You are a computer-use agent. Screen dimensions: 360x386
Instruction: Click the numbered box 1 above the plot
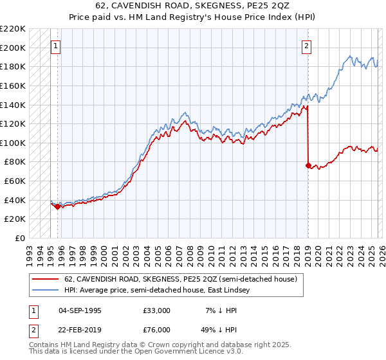pyautogui.click(x=57, y=46)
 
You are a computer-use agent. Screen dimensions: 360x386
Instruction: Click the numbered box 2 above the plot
pyautogui.click(x=307, y=46)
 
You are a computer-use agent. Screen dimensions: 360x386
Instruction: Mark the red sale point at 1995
pyautogui.click(x=58, y=206)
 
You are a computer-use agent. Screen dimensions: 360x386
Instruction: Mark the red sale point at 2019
pyautogui.click(x=308, y=165)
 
